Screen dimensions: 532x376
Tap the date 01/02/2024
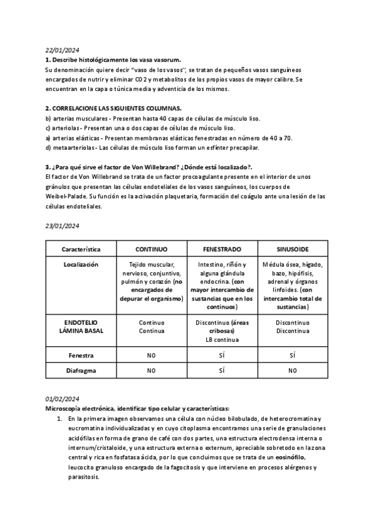coord(62,399)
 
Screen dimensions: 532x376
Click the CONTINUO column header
coord(151,249)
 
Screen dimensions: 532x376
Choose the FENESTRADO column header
coord(222,249)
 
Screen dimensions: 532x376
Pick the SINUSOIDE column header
coord(293,249)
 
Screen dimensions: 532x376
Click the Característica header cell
coord(81,249)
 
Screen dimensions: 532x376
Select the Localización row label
coord(81,265)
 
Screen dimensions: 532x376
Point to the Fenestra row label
coord(81,355)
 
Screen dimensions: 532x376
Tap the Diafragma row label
coord(81,371)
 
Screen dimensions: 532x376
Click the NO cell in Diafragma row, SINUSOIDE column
coord(293,371)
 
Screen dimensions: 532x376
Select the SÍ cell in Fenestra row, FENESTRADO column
coord(222,355)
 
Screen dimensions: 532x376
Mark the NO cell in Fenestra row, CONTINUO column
coord(151,355)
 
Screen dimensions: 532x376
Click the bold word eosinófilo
coord(292,459)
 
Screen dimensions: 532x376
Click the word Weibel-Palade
coord(66,196)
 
